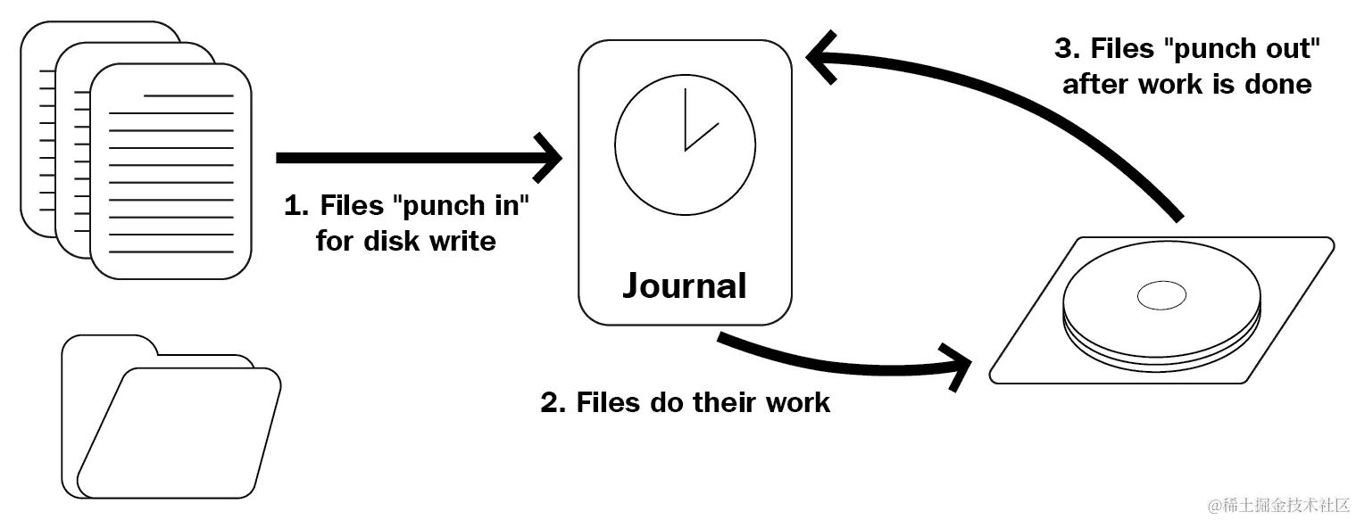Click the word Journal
coord(684,285)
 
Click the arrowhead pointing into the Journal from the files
coord(550,158)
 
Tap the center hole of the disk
coord(1161,294)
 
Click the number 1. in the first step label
coord(295,206)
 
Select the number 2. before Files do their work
coord(553,402)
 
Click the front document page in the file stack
coord(170,169)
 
